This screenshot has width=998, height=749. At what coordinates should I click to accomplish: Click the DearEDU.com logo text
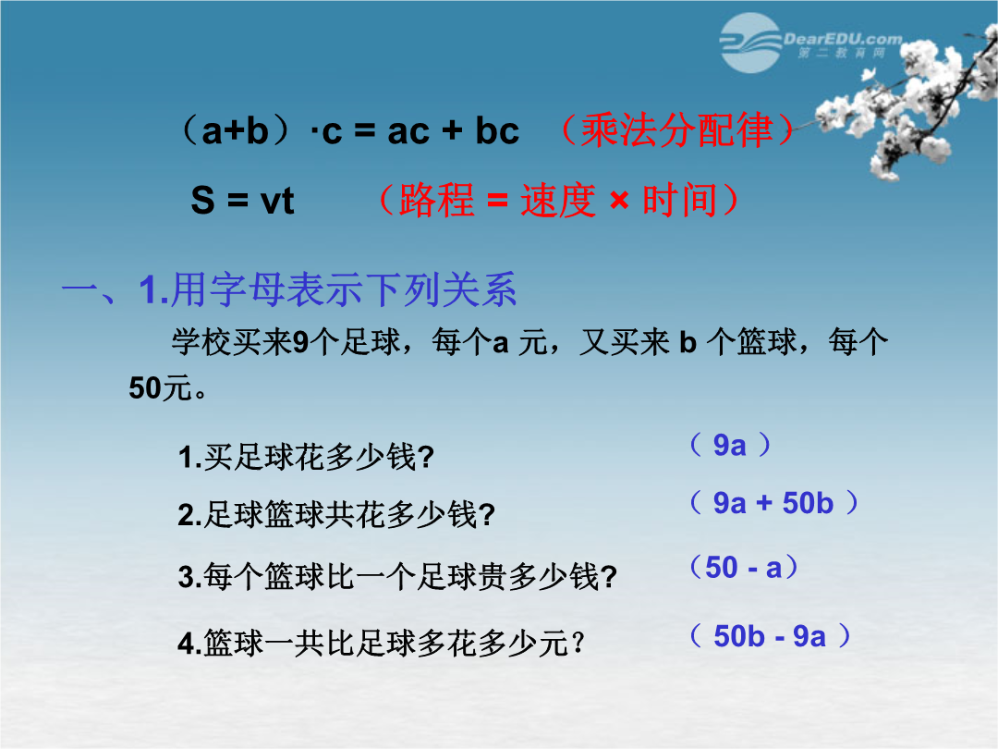pyautogui.click(x=843, y=39)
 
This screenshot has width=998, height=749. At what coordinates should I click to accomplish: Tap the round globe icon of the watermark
pyautogui.click(x=751, y=43)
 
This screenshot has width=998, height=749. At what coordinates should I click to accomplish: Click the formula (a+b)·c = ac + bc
pyautogui.click(x=348, y=130)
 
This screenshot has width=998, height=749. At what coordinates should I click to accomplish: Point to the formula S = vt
pyautogui.click(x=242, y=201)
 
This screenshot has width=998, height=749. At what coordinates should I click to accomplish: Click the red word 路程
pyautogui.click(x=436, y=200)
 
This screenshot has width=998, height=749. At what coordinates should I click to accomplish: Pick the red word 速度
pyautogui.click(x=558, y=200)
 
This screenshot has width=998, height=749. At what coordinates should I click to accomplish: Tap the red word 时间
pyautogui.click(x=680, y=200)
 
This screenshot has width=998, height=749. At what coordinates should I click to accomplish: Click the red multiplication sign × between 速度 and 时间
pyautogui.click(x=619, y=202)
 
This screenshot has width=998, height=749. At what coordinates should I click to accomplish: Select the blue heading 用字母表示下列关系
pyautogui.click(x=344, y=289)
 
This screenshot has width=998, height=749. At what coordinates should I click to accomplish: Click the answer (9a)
pyautogui.click(x=729, y=445)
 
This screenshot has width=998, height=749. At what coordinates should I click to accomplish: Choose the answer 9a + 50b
pyautogui.click(x=773, y=503)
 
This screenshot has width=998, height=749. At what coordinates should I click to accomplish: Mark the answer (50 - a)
pyautogui.click(x=743, y=568)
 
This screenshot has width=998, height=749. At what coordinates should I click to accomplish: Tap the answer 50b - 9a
pyautogui.click(x=770, y=636)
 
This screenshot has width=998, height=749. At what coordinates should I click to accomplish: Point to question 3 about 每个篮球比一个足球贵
pyautogui.click(x=397, y=577)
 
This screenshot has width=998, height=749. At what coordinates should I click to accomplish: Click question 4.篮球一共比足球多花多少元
pyautogui.click(x=381, y=643)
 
